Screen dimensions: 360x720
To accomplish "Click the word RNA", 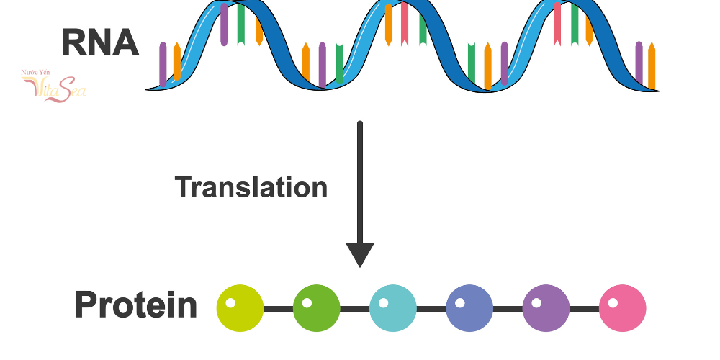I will [x=100, y=42].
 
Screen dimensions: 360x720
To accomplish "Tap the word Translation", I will [x=251, y=188].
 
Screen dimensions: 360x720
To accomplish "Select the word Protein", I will [x=136, y=305].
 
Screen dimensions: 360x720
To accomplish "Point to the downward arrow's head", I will [x=360, y=254].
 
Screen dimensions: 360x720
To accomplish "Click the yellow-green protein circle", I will [x=240, y=309].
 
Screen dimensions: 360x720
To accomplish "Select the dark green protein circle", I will [x=317, y=309].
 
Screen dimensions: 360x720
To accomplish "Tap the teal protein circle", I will [x=393, y=309].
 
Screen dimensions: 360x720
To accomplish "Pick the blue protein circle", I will [x=469, y=309].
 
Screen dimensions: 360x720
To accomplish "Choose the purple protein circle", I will [x=546, y=309].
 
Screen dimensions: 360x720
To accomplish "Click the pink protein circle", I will [x=622, y=309].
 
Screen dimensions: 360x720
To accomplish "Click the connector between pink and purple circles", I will [x=584, y=309].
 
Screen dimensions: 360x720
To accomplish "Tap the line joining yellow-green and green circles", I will [x=279, y=309].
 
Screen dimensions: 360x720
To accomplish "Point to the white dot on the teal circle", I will [x=384, y=302].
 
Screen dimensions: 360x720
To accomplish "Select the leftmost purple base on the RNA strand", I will [x=163, y=65].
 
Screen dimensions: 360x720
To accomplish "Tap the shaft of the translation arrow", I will [x=360, y=180].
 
